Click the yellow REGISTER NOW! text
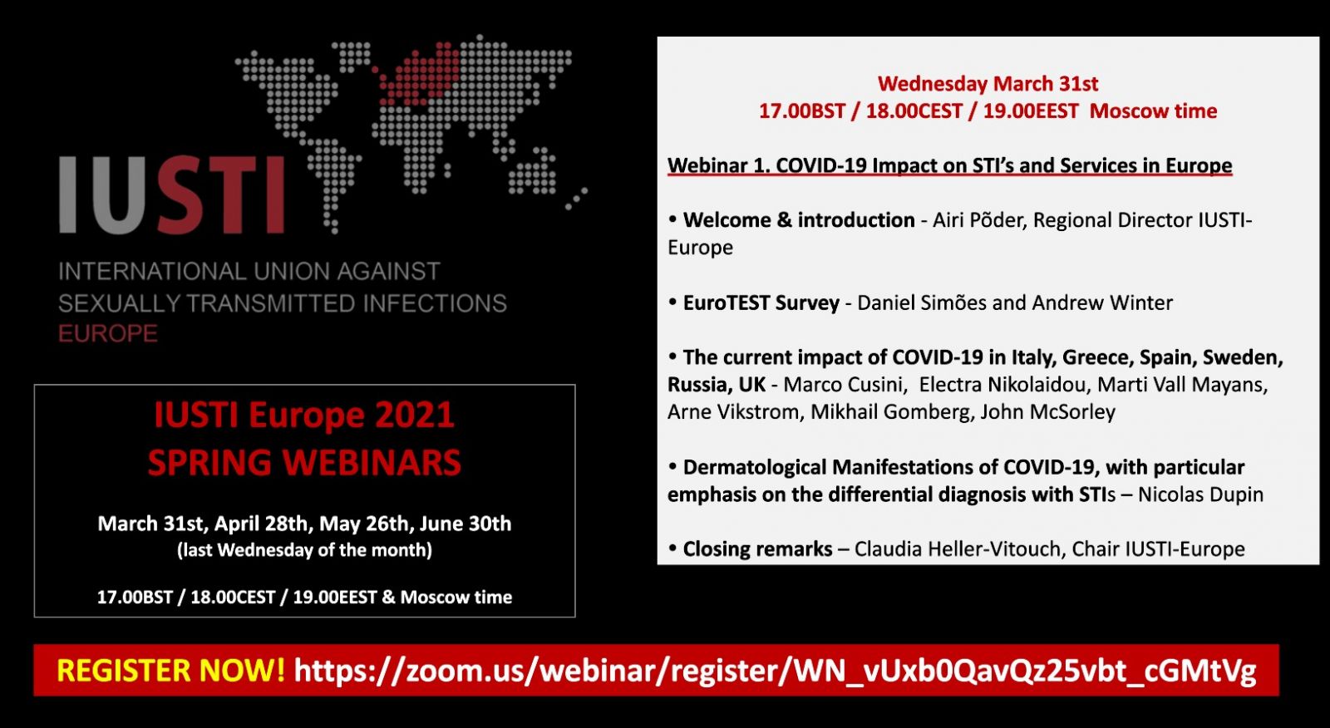click(x=171, y=670)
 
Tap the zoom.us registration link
click(x=776, y=671)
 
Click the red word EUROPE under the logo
click(x=108, y=334)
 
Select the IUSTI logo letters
click(x=172, y=194)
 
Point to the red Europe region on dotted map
click(x=419, y=74)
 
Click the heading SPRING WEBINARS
click(x=304, y=463)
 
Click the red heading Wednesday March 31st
click(x=988, y=84)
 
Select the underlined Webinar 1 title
click(x=950, y=165)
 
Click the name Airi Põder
click(x=980, y=220)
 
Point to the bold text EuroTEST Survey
click(x=761, y=303)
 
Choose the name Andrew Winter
click(x=1102, y=303)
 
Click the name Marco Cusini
click(x=845, y=385)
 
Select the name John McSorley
click(x=1048, y=412)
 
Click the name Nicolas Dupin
click(x=1200, y=494)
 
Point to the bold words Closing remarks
click(x=757, y=549)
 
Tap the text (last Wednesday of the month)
click(x=304, y=550)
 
